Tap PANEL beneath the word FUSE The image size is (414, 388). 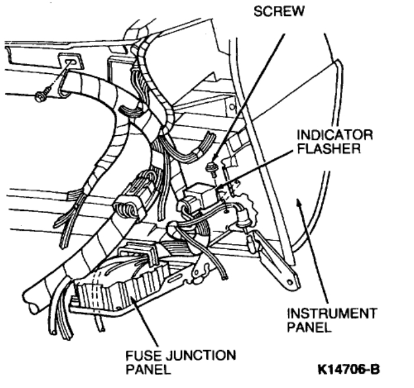144,369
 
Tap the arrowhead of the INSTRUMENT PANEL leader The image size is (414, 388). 299,203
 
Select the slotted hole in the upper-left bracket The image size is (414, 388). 70,61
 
